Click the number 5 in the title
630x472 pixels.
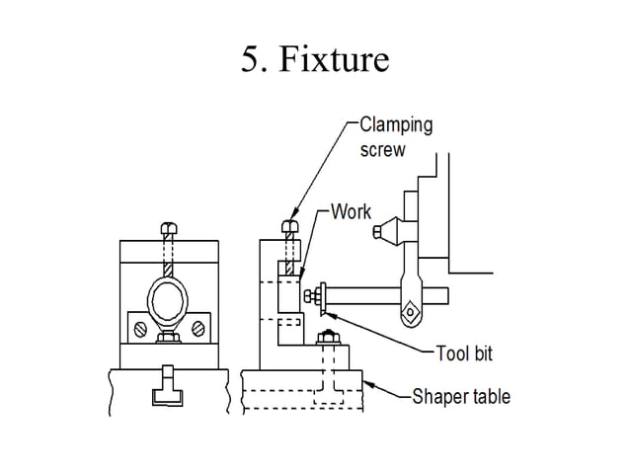pos(251,60)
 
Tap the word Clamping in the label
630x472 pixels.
pos(395,125)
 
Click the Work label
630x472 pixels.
pos(351,211)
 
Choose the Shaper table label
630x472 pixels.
pos(461,397)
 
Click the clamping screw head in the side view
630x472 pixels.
pos(289,227)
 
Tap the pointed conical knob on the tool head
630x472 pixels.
pos(384,232)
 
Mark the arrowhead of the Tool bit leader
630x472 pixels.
pos(329,313)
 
